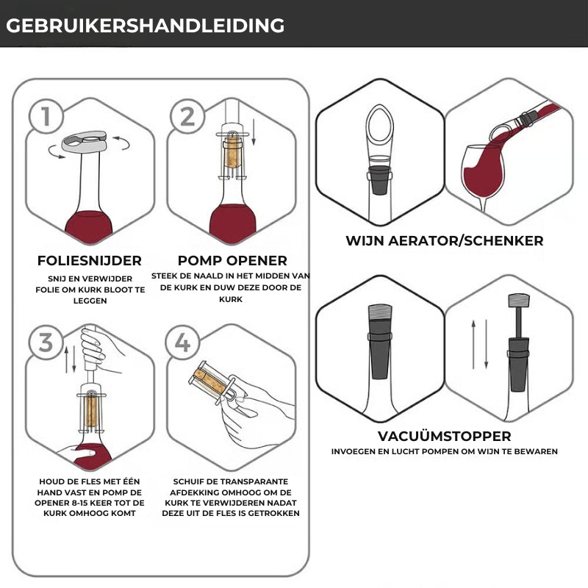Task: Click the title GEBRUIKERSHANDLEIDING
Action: (145, 26)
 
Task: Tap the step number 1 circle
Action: (46, 116)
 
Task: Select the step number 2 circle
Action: (187, 116)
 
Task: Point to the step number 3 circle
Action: (46, 343)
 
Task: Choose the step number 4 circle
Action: (182, 343)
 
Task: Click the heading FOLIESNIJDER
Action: (89, 261)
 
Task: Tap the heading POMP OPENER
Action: (232, 260)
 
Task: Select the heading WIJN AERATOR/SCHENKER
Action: (445, 241)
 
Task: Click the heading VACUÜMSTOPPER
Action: (445, 436)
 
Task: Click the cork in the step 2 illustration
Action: (232, 152)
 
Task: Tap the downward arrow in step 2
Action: (254, 132)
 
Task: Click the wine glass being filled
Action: (483, 177)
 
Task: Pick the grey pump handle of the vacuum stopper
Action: (519, 301)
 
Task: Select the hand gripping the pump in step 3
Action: (95, 347)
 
